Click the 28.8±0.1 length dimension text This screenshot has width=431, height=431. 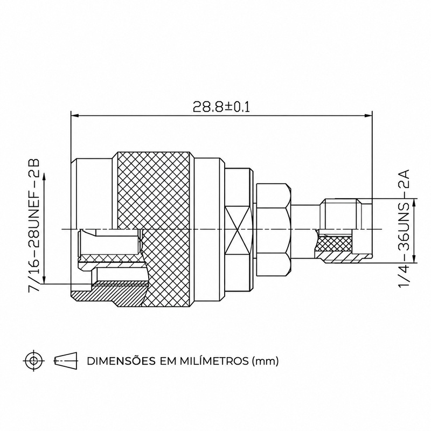point(221,107)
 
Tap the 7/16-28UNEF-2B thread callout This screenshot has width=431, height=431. point(34,225)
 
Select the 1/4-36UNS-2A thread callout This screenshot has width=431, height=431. point(404,228)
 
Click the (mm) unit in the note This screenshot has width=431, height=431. point(265,361)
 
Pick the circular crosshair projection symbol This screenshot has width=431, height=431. point(34,360)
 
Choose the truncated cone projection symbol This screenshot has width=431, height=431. point(66,360)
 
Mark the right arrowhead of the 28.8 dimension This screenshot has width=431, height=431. point(368,116)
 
